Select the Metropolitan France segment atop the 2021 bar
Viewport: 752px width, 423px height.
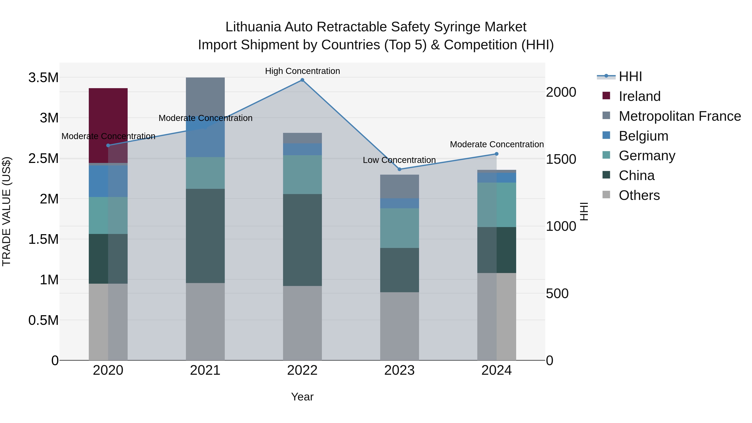point(205,96)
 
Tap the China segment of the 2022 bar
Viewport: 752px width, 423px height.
point(302,240)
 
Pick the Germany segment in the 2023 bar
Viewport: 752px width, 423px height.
point(399,228)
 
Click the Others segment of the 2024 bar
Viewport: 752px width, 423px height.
point(497,316)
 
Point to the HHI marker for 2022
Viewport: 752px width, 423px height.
point(302,80)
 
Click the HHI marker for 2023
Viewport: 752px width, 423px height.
point(400,169)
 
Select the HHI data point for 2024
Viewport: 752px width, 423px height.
point(497,154)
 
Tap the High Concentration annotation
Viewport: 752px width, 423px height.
point(302,71)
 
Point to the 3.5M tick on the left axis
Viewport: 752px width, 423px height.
point(43,78)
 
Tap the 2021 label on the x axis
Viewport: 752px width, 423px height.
point(205,370)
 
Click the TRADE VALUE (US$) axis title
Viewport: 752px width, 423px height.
point(6,211)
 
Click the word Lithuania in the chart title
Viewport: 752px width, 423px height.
point(253,27)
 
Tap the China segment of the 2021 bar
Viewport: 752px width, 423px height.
point(205,236)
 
